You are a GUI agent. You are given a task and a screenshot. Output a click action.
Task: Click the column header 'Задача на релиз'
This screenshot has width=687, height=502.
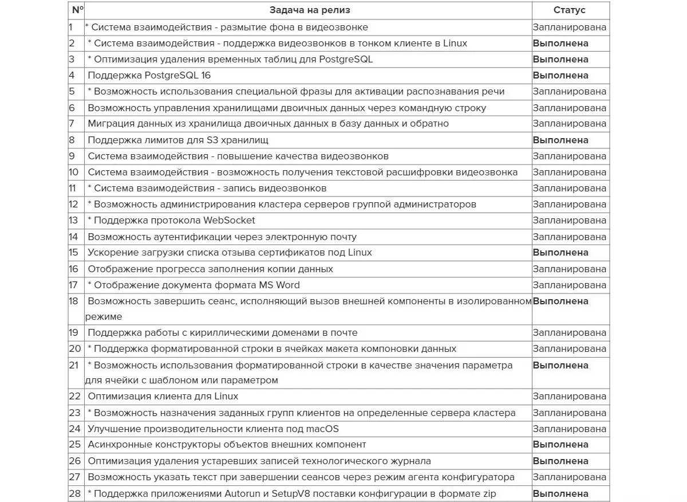(310, 10)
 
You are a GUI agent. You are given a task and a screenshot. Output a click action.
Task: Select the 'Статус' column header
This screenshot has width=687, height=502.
(569, 10)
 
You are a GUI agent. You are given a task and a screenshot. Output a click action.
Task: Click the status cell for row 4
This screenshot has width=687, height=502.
(560, 76)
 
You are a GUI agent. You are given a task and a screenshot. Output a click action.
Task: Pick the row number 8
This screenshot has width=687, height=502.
(72, 140)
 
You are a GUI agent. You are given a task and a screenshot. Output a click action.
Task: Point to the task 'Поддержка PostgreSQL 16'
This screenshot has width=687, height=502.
(145, 76)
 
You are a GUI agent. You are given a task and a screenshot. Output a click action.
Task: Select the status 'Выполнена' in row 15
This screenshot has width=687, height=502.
(560, 253)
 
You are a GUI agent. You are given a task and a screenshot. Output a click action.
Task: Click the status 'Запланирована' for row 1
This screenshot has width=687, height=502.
(569, 27)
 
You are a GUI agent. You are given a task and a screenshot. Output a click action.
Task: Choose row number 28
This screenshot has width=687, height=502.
(75, 493)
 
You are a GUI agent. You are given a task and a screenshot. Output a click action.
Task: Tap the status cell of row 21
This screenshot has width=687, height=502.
(560, 365)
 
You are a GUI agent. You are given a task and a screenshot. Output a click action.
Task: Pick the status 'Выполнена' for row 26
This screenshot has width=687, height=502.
(560, 461)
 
